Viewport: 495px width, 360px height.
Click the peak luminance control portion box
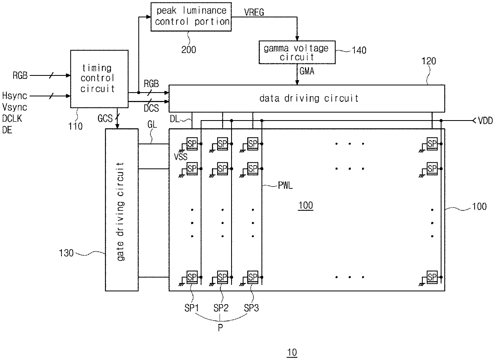click(191, 17)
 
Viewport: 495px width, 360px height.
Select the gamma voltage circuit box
click(297, 52)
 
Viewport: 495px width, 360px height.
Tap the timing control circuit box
click(99, 79)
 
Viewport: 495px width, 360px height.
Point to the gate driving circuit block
click(122, 210)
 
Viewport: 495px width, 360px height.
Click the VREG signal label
click(254, 12)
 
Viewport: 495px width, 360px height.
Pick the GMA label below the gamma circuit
click(307, 71)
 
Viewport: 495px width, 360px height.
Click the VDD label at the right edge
click(485, 121)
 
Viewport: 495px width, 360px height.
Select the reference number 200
click(188, 50)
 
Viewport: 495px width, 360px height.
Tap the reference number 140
click(359, 50)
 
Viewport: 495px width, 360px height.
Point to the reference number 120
click(429, 61)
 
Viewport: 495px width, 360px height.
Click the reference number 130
click(66, 253)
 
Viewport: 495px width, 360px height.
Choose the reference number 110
click(75, 127)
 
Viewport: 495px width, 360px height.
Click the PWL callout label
click(285, 185)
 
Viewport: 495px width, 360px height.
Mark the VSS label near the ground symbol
click(180, 157)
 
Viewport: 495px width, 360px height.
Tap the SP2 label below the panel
click(221, 308)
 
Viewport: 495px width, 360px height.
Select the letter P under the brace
click(220, 328)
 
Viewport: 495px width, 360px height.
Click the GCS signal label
click(105, 119)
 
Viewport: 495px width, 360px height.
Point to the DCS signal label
click(151, 108)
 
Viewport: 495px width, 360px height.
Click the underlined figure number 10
click(292, 352)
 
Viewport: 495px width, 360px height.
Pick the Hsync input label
click(15, 96)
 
